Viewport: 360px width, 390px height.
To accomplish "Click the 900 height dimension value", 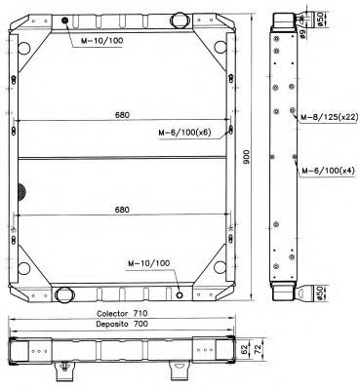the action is tap(247, 157).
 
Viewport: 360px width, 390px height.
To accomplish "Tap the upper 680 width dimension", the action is tap(122, 115).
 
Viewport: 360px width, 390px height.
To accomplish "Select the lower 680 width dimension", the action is tap(122, 210).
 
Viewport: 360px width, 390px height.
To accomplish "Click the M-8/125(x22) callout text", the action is tap(329, 117).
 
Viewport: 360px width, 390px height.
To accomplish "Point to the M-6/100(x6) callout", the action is tap(184, 133).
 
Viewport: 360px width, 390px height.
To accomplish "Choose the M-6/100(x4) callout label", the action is tap(329, 171).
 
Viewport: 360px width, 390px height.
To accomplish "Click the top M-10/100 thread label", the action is tap(102, 41).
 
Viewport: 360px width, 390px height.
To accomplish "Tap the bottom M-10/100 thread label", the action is tap(148, 263).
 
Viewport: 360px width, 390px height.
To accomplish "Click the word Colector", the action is tap(112, 314).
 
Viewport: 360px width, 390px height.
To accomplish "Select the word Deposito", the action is tap(112, 324).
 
